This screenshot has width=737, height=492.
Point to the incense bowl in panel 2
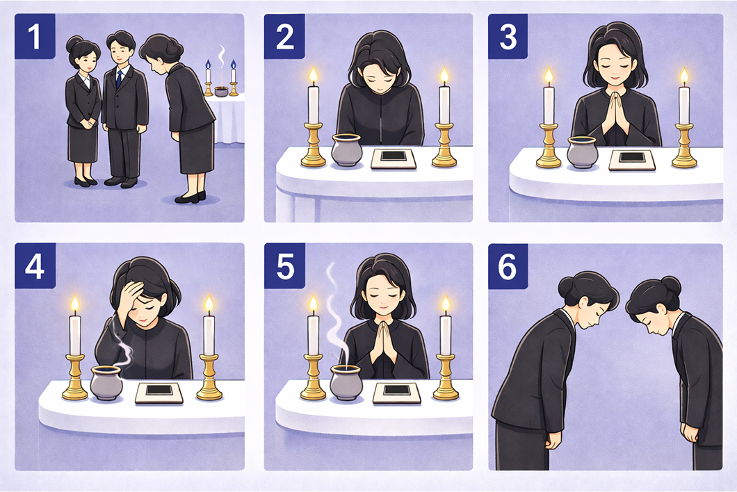[346, 150]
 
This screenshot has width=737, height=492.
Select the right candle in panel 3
[683, 104]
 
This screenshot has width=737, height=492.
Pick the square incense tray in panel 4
[159, 393]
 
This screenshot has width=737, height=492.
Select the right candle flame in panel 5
[446, 304]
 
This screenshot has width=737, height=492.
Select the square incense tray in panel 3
[631, 160]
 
